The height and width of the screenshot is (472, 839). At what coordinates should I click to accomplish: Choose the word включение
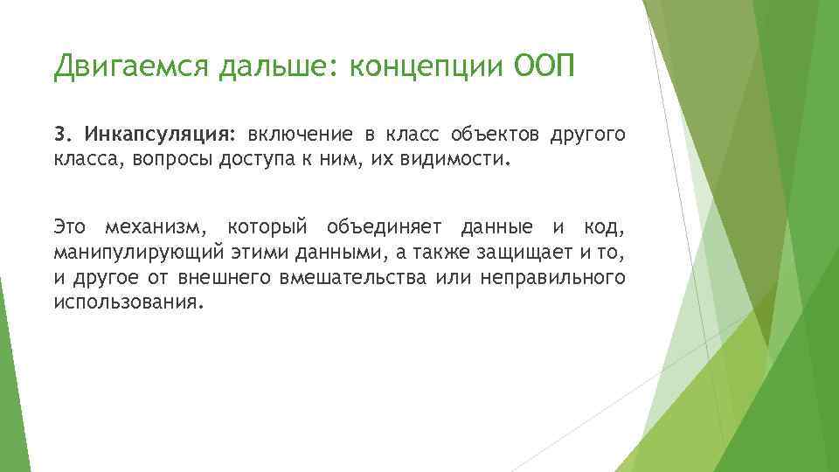pyautogui.click(x=300, y=135)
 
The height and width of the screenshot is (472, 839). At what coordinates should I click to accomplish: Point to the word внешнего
pyautogui.click(x=230, y=278)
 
